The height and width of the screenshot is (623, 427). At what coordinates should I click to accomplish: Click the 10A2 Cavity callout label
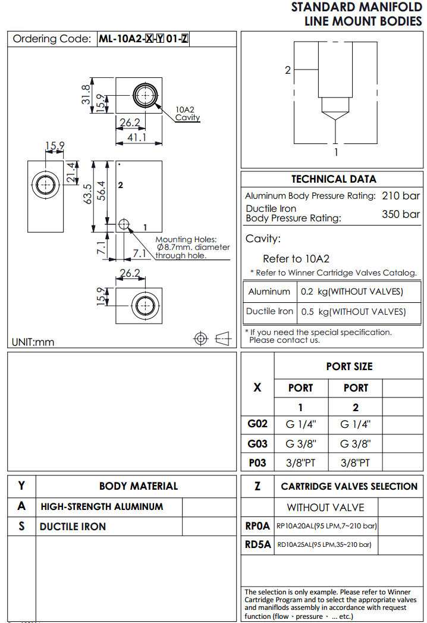pyautogui.click(x=187, y=114)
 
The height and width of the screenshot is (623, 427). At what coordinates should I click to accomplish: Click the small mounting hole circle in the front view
pyautogui.click(x=124, y=224)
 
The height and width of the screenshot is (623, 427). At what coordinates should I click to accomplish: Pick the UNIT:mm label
pyautogui.click(x=33, y=342)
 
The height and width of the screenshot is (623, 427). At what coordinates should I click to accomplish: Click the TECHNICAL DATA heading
pyautogui.click(x=334, y=179)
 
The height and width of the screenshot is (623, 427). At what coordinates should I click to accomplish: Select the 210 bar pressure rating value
pyautogui.click(x=401, y=196)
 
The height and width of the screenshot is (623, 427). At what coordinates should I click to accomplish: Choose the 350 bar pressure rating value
pyautogui.click(x=401, y=214)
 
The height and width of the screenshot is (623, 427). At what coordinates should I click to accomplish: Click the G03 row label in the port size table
pyautogui.click(x=258, y=444)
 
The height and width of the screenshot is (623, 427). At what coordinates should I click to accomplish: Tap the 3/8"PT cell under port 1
pyautogui.click(x=300, y=462)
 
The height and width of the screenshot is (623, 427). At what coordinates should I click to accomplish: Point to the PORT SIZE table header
pyautogui.click(x=349, y=367)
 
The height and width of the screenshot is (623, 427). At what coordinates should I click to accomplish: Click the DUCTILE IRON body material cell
pyautogui.click(x=73, y=527)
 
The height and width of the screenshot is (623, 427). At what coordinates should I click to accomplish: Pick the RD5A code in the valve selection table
pyautogui.click(x=258, y=544)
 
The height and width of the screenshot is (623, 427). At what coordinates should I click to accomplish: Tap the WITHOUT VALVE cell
pyautogui.click(x=325, y=508)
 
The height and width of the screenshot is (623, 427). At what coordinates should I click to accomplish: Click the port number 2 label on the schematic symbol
pyautogui.click(x=288, y=70)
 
